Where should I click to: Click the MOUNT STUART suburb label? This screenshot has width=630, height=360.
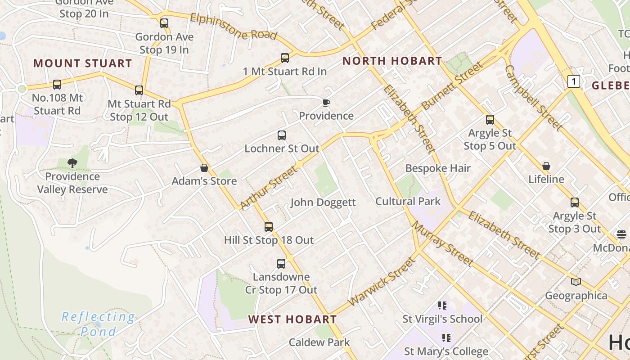(82, 63)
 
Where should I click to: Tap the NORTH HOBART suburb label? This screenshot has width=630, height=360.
(392, 61)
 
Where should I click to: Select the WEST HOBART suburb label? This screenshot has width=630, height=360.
(292, 319)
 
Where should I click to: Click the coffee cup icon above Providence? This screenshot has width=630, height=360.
(326, 103)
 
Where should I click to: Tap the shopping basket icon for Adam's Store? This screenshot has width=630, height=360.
(204, 168)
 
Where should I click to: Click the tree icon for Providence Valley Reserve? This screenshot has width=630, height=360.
(72, 163)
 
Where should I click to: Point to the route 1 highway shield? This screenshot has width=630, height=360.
(573, 81)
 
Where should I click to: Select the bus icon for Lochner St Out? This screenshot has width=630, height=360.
(282, 135)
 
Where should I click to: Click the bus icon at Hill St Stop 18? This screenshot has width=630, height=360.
(269, 226)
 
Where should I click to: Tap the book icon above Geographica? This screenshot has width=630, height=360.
(576, 282)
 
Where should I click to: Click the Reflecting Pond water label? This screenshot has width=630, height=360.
(98, 324)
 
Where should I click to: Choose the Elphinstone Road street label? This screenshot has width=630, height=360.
(233, 27)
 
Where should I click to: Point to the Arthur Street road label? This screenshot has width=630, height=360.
(269, 187)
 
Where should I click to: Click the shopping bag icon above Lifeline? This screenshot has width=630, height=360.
(546, 166)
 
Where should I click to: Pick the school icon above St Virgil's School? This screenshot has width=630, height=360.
(442, 306)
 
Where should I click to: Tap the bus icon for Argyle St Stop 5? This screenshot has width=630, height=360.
(490, 120)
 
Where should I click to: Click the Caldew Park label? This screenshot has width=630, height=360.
(319, 342)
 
